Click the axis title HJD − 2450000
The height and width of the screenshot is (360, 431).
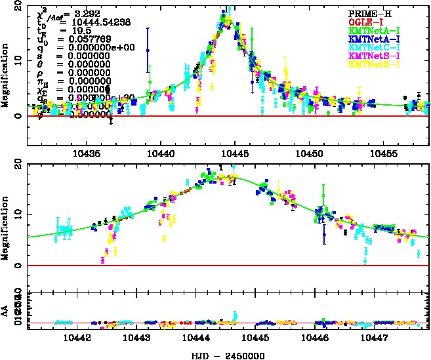226,354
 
